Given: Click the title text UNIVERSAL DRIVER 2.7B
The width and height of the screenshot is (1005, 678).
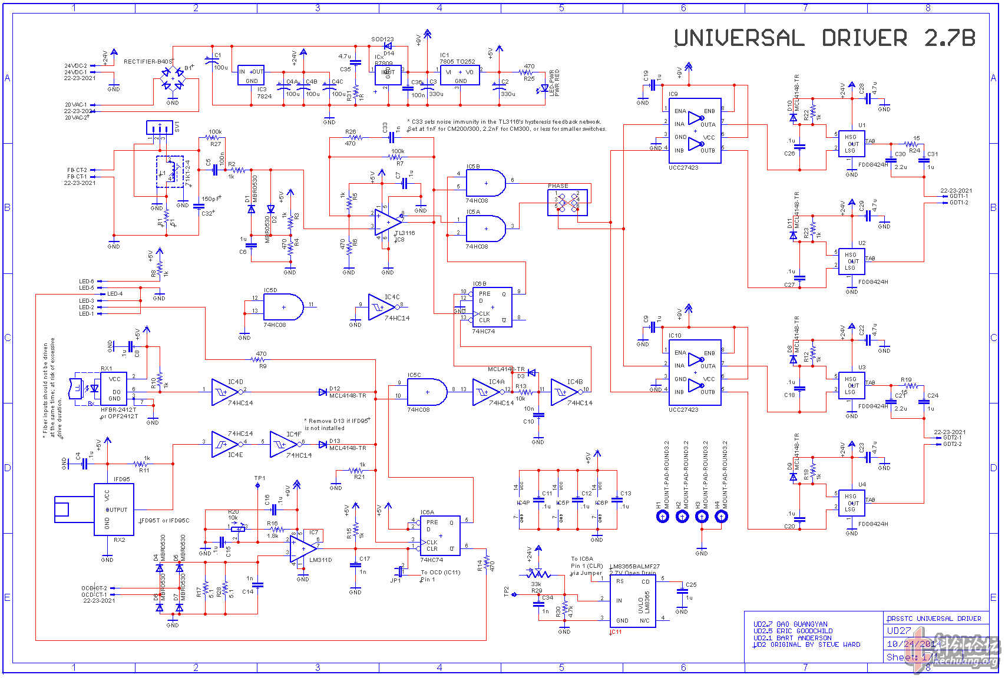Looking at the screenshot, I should coord(824,38).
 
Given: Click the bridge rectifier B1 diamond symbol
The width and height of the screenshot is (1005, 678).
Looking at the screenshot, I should coord(173,79).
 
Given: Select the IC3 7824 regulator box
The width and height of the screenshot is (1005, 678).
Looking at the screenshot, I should coord(251,75).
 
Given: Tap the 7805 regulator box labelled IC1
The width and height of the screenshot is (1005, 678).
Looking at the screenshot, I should coord(460,75).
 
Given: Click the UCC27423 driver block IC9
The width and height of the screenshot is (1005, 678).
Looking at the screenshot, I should coord(695,131).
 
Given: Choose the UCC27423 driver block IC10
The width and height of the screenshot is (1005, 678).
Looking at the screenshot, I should coord(695,372).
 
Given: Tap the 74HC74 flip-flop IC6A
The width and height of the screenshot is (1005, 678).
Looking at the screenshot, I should coord(440,535).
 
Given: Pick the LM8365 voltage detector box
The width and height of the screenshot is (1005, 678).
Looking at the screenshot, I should coord(633,601).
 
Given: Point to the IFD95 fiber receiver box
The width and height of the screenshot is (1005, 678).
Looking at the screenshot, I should coord(114,510).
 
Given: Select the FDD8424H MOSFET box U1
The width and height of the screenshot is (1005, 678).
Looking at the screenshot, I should coord(851,144).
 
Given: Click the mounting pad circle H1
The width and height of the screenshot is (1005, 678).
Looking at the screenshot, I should coord(663,517).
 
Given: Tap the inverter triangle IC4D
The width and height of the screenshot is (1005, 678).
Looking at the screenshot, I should coord(224,392).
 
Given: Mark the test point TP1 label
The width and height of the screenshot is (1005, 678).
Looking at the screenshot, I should coord(260,478).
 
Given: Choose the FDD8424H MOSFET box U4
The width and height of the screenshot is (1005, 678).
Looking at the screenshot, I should coord(851,504).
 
